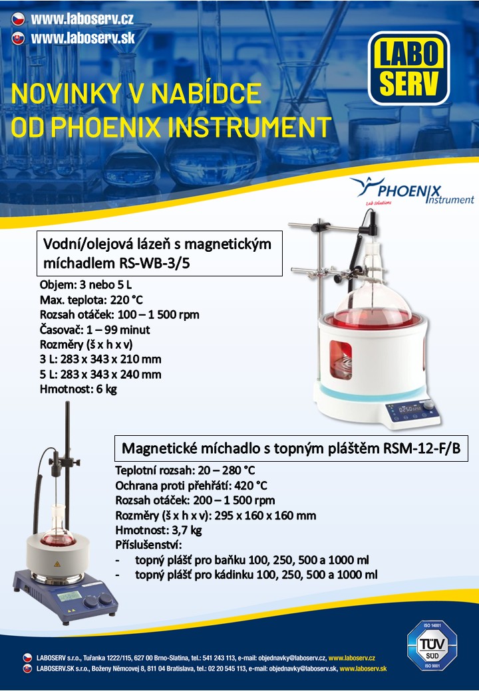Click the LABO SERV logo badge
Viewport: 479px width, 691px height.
click(x=409, y=68)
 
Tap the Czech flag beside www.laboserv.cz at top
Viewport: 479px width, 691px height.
click(x=18, y=19)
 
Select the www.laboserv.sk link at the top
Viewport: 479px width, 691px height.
click(x=82, y=38)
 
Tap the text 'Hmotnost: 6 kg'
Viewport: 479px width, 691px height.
click(x=78, y=389)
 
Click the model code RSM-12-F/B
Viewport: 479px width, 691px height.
click(x=422, y=448)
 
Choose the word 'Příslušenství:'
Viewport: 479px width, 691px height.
click(x=148, y=545)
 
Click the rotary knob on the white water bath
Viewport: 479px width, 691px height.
click(x=428, y=405)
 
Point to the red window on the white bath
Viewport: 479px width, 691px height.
click(x=341, y=359)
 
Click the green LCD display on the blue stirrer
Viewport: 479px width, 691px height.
click(x=69, y=596)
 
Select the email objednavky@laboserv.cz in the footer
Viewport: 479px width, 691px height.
click(x=293, y=658)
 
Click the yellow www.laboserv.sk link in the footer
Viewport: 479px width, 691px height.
click(x=363, y=668)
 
